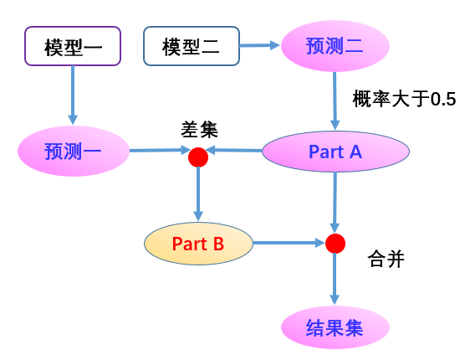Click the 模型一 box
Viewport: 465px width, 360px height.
pyautogui.click(x=73, y=46)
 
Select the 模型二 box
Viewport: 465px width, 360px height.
pyautogui.click(x=192, y=46)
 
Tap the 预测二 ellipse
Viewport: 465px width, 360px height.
pyautogui.click(x=335, y=46)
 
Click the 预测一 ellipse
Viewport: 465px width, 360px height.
pyautogui.click(x=74, y=151)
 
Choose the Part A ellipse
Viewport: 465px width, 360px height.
pyautogui.click(x=335, y=152)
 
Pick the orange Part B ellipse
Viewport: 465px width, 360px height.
pyautogui.click(x=198, y=244)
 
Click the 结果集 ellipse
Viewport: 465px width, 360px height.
pyautogui.click(x=335, y=327)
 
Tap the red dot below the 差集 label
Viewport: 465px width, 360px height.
pyautogui.click(x=198, y=157)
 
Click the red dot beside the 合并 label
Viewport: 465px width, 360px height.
pyautogui.click(x=335, y=244)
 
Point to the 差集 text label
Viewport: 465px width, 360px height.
pyautogui.click(x=199, y=130)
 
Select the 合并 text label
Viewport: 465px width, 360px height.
pyautogui.click(x=386, y=259)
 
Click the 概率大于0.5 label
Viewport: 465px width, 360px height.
pyautogui.click(x=404, y=99)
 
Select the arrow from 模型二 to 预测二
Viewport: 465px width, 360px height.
pyautogui.click(x=260, y=45)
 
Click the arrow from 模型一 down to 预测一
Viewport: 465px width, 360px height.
pyautogui.click(x=73, y=95)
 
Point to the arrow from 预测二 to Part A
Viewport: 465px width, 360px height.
pyautogui.click(x=335, y=101)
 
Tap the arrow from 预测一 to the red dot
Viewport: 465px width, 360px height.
pyautogui.click(x=160, y=150)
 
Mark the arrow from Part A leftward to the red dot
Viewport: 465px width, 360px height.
pyautogui.click(x=234, y=150)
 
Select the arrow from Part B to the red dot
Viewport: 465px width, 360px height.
pyautogui.click(x=289, y=243)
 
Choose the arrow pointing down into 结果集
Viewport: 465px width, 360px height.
pyautogui.click(x=335, y=279)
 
